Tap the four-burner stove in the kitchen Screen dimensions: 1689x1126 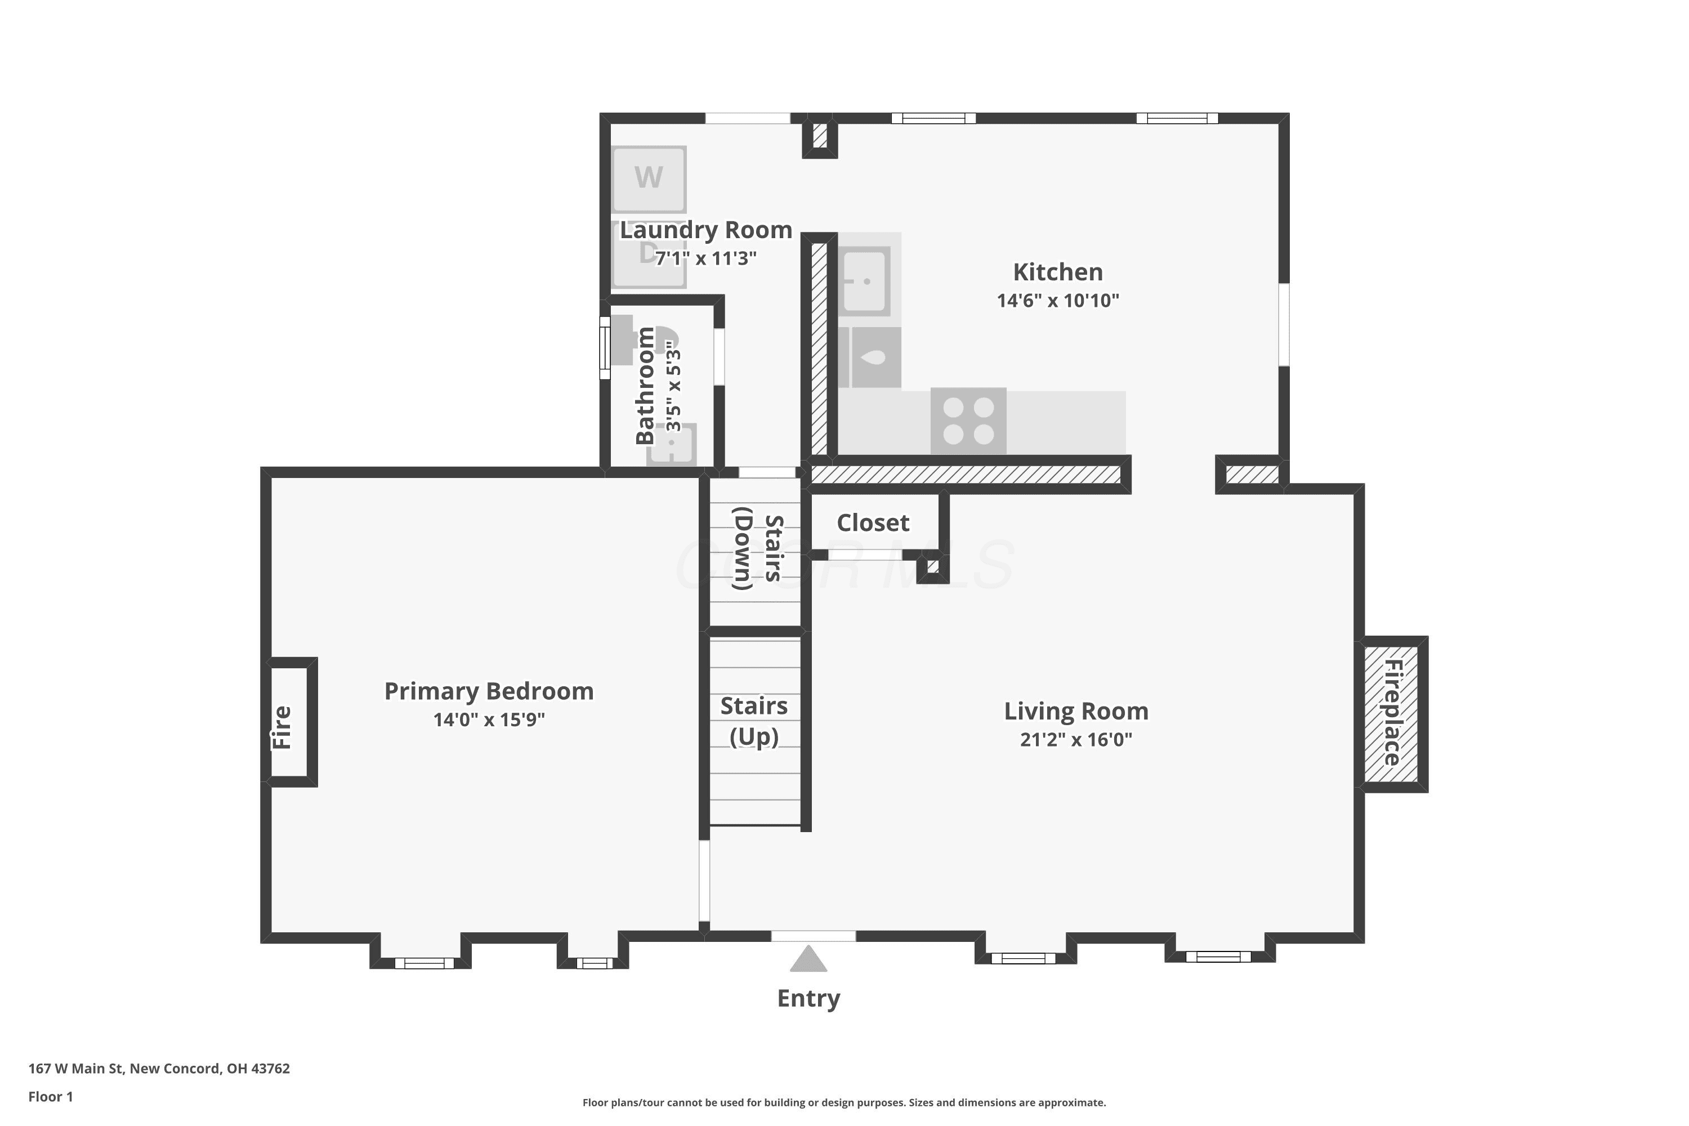coord(968,421)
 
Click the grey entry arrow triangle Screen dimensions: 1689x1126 coord(808,958)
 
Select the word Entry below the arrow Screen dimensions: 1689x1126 coord(808,998)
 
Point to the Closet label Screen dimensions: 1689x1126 coord(873,523)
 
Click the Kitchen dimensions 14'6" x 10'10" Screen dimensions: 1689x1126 coord(1058,300)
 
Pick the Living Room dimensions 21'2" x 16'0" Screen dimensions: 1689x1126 coord(1076,740)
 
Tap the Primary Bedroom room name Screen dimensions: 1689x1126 coord(489,691)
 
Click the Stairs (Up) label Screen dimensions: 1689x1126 coord(754,721)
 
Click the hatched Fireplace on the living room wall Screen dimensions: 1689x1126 coord(1391,714)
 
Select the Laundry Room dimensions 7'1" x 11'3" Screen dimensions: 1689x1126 coord(706,258)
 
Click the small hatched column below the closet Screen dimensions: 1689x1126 coord(933,566)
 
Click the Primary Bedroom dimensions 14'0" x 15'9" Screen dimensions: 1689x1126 coord(489,720)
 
